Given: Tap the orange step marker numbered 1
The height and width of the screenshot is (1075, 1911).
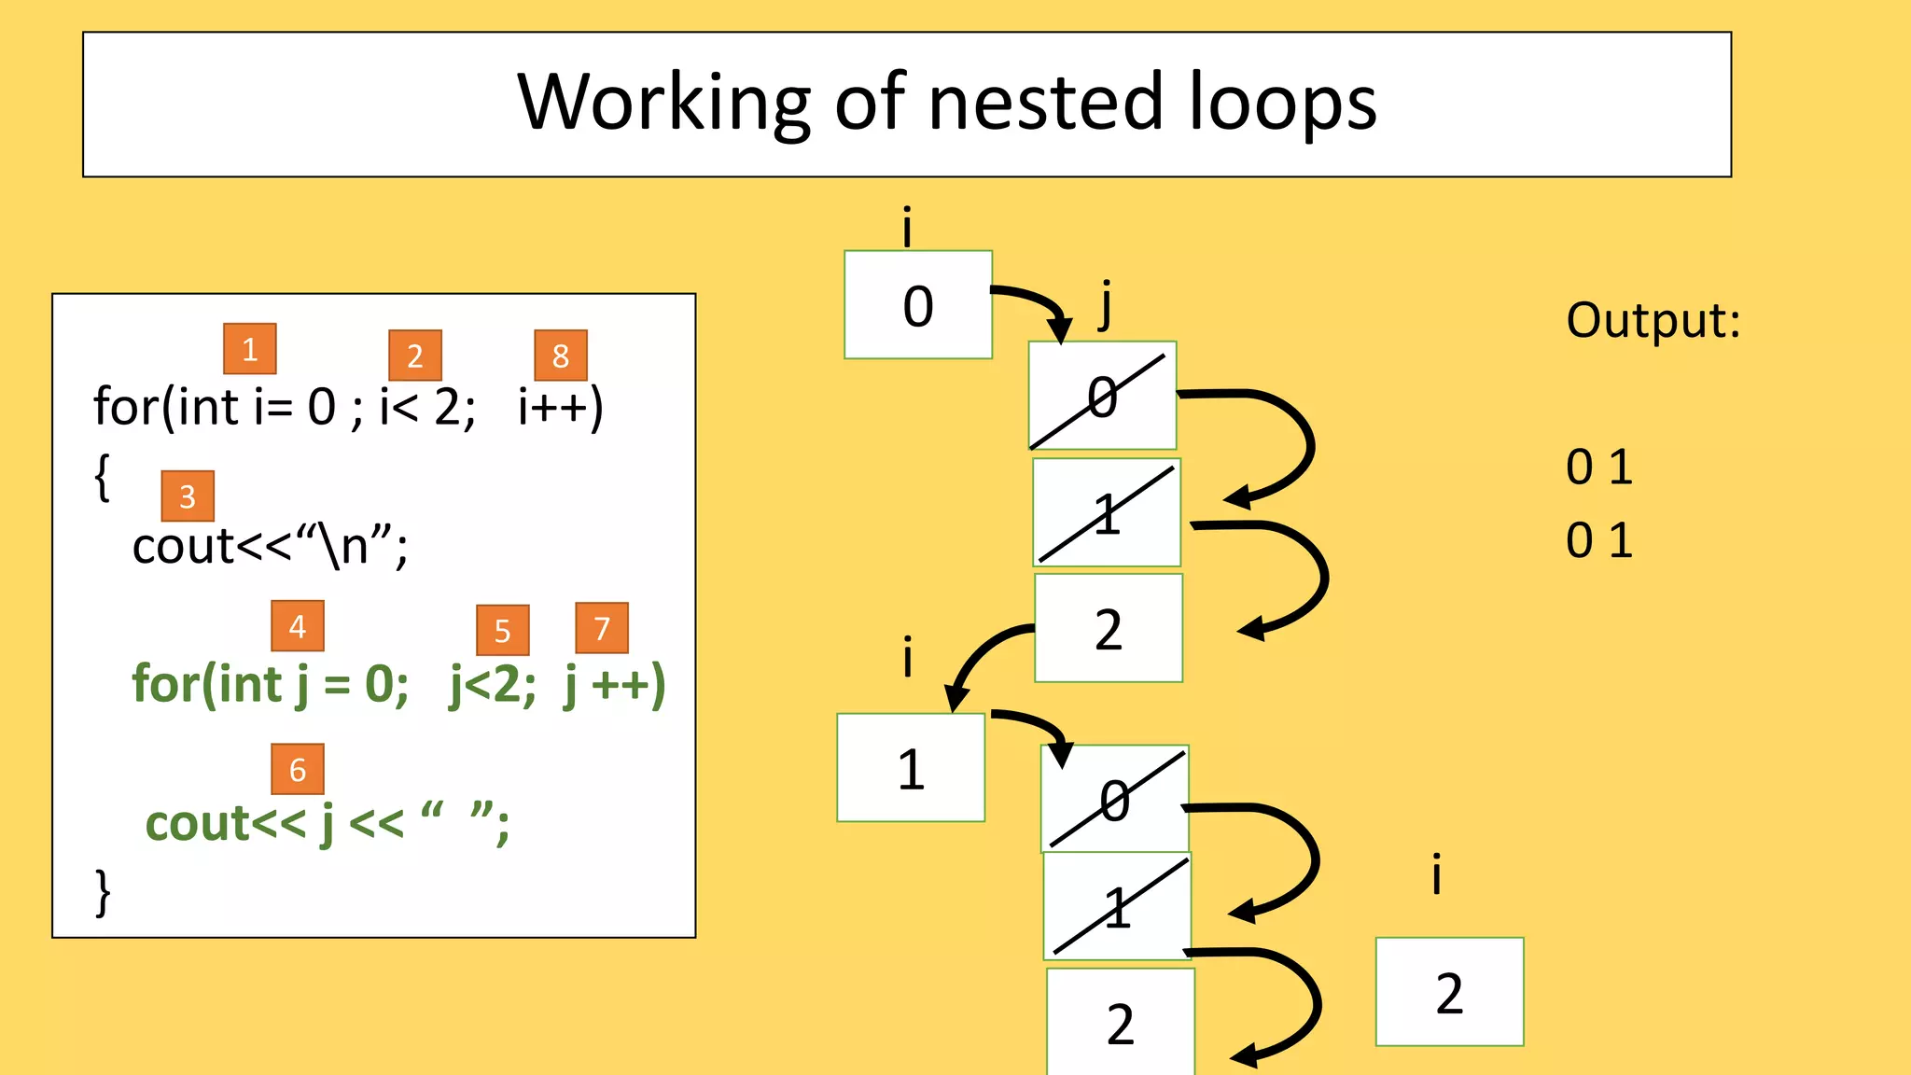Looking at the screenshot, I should (249, 349).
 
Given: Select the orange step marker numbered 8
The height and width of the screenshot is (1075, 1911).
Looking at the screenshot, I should (561, 356).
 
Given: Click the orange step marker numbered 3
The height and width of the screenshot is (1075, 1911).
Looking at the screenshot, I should (188, 496).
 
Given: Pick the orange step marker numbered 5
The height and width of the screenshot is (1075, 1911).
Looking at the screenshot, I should (502, 631).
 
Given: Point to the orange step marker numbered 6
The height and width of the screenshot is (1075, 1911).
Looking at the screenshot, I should (298, 770).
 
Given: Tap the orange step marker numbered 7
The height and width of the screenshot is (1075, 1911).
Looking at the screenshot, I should (602, 628).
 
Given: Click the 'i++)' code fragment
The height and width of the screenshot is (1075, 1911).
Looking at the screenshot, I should (561, 407).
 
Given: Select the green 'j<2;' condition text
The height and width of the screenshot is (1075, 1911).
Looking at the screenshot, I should (493, 685).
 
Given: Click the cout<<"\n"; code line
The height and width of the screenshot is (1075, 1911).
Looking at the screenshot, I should (270, 546).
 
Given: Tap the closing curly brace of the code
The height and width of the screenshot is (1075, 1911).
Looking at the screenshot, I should (103, 892).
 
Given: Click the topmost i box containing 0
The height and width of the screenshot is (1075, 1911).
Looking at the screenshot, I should (918, 305).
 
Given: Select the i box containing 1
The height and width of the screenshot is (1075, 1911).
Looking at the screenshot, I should (911, 768).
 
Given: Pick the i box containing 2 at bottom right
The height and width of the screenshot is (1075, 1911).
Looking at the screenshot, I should (1449, 992).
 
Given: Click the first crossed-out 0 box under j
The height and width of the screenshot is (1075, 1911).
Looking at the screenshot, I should (1102, 397).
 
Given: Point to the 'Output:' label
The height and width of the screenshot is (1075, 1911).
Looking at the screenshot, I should (1653, 320).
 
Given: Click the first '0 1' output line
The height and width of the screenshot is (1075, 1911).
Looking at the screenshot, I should (1598, 467).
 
